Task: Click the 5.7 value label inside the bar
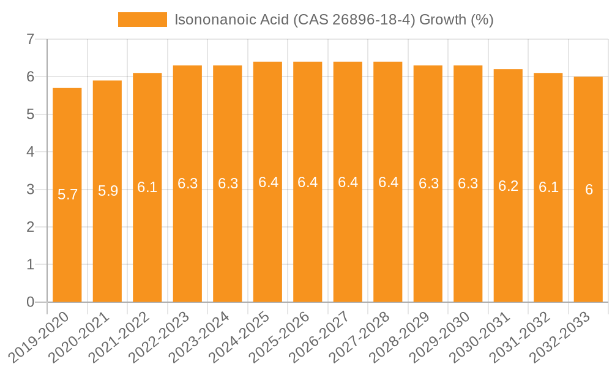point(67,195)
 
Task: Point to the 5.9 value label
point(108,191)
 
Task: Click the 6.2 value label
point(508,187)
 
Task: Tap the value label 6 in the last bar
point(589,190)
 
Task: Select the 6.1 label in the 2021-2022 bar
point(147,187)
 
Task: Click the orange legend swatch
point(142,20)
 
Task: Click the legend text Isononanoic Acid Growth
point(334,20)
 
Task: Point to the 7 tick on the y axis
point(30,40)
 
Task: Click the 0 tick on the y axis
point(30,302)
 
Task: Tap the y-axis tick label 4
point(30,152)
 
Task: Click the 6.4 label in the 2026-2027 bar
point(348,182)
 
